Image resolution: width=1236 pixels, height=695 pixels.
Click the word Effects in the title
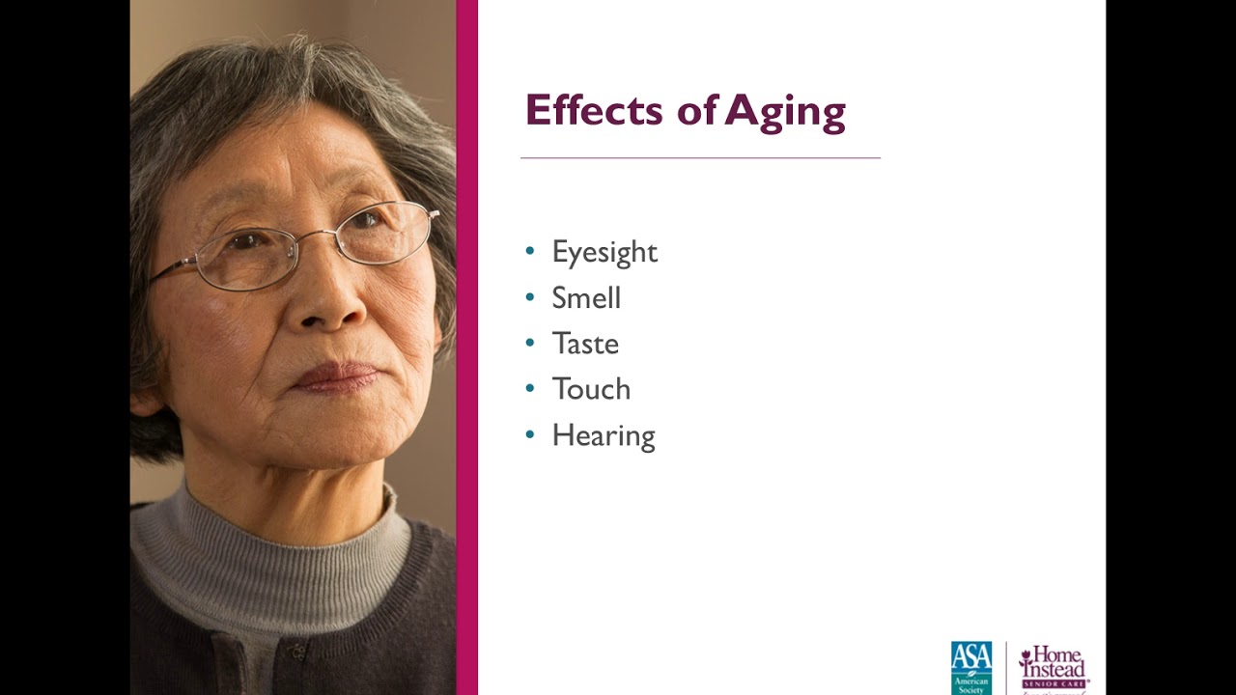(x=594, y=110)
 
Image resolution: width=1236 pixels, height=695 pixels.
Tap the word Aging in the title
(x=785, y=112)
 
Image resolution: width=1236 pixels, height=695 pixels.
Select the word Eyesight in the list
(x=604, y=253)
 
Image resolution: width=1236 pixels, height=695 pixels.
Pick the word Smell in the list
(x=586, y=298)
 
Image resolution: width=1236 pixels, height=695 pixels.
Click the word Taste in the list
(x=585, y=344)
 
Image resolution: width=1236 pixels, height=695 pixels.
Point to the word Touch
(x=591, y=389)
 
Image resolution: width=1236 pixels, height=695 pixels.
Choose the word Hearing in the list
(x=604, y=436)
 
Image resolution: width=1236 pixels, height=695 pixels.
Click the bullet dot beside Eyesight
(x=529, y=251)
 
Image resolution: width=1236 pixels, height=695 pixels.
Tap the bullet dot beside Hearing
(x=529, y=434)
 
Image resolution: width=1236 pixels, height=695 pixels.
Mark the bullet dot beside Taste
(x=529, y=343)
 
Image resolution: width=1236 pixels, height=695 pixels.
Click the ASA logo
(x=971, y=667)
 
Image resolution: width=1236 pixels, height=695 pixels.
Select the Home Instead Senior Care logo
(x=1053, y=667)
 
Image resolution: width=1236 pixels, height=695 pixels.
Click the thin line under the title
(x=700, y=157)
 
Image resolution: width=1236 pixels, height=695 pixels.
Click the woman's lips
(x=335, y=376)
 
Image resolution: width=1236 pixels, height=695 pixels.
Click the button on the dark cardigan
(x=298, y=651)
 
